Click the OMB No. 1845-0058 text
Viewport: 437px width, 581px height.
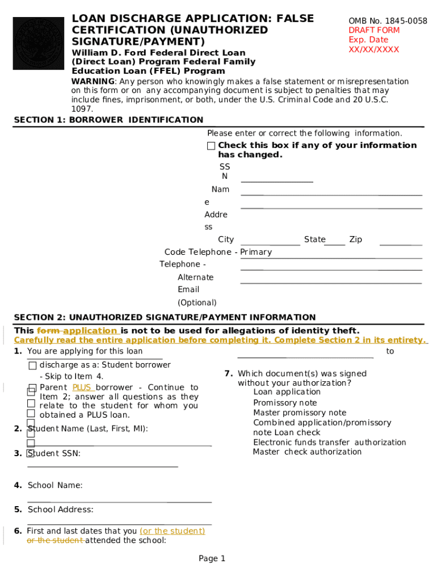[388, 21]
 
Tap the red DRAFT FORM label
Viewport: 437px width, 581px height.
[373, 30]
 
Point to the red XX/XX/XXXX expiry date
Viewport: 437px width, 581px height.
[373, 49]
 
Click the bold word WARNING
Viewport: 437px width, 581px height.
[92, 82]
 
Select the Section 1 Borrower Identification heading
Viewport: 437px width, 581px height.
[108, 120]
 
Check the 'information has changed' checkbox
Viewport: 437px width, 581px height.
[211, 146]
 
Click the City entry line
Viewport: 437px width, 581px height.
[270, 244]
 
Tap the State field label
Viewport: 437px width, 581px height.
[314, 239]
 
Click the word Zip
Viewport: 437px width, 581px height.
[355, 239]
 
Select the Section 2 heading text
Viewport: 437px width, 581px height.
[165, 317]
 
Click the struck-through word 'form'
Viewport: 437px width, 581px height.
[48, 331]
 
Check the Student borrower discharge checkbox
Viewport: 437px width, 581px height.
[32, 365]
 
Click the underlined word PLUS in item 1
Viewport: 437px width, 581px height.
[82, 388]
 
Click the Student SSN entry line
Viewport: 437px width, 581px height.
[103, 466]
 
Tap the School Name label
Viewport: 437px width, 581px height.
[54, 485]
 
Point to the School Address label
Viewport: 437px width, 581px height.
[60, 510]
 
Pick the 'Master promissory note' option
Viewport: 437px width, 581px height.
[299, 412]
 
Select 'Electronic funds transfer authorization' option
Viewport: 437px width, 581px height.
[329, 442]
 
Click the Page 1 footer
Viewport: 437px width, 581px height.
[212, 559]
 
